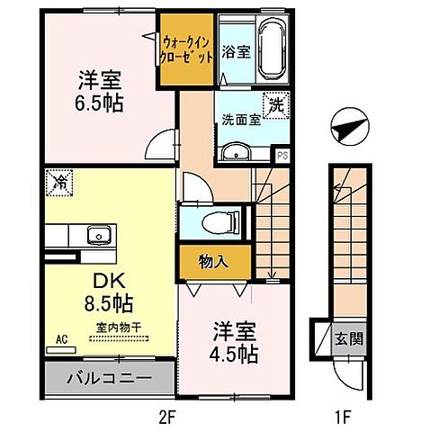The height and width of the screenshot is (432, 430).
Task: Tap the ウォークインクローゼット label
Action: point(186,48)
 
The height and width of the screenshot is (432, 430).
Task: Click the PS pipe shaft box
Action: point(282,155)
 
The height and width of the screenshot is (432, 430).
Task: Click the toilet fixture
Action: point(217,219)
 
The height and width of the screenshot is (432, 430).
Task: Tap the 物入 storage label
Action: point(213,262)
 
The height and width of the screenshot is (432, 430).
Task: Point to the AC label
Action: point(62,340)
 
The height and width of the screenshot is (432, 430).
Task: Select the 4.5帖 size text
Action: point(230,341)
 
